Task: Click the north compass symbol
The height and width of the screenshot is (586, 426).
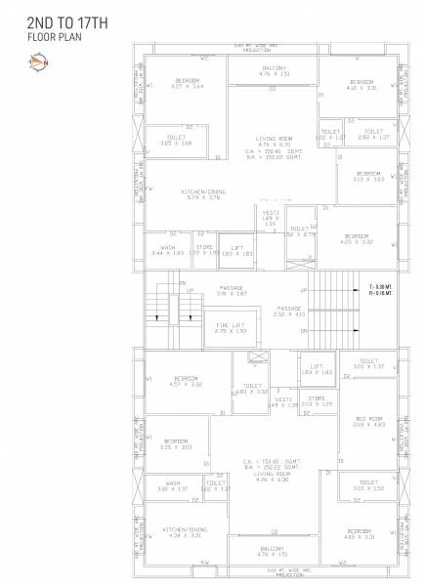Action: [x=37, y=64]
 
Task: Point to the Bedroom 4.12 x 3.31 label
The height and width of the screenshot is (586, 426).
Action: [x=361, y=84]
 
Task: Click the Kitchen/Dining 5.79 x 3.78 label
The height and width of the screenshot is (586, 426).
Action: [x=202, y=194]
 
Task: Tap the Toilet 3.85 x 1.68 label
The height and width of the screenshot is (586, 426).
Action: [x=176, y=141]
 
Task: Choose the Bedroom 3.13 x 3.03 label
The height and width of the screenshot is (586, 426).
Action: [x=368, y=178]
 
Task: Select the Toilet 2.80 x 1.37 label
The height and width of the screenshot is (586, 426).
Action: [x=373, y=134]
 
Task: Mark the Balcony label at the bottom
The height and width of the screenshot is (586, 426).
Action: [x=272, y=552]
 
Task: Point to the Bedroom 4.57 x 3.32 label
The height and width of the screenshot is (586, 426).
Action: [x=186, y=382]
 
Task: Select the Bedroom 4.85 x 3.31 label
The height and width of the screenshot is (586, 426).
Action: [x=360, y=534]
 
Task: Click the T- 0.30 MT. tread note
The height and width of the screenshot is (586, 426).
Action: [x=380, y=286]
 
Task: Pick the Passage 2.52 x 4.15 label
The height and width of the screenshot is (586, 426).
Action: [x=289, y=312]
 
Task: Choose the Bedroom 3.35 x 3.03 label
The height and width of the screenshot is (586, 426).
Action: [x=177, y=443]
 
